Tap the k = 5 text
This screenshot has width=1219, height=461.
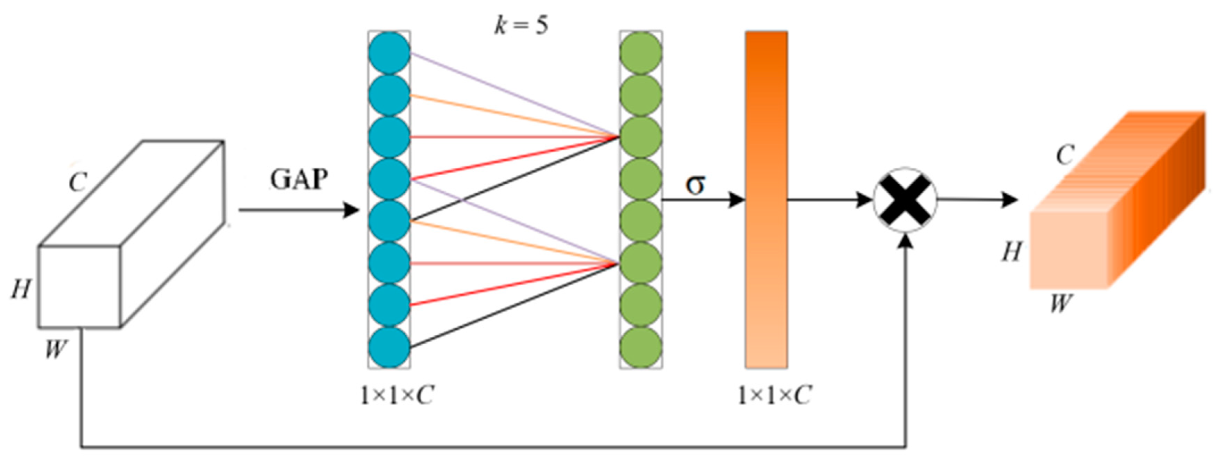coord(521,25)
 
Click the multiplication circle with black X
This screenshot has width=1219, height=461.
coord(905,200)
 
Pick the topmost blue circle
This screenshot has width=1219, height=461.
coord(389,52)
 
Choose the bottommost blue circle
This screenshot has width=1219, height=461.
coord(389,348)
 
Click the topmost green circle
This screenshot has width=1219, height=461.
coord(641,52)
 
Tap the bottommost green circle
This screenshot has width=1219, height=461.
coord(641,348)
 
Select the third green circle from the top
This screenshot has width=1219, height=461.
coord(641,137)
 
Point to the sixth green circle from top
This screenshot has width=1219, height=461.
coord(641,263)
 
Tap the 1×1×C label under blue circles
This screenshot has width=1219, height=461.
coord(396,395)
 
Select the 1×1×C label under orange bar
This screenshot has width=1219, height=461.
coord(774,395)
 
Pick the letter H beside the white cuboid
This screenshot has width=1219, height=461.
coord(21,289)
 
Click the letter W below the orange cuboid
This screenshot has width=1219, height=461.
coord(1060,303)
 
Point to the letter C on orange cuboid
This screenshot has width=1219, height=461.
coord(1065,155)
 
